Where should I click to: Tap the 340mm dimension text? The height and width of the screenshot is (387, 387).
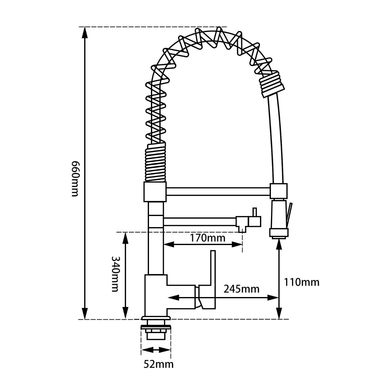coord(115,274)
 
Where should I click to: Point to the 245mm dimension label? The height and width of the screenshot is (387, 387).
coord(242,289)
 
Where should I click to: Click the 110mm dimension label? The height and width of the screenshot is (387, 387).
coord(302,282)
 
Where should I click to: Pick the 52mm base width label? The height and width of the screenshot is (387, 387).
coord(158,364)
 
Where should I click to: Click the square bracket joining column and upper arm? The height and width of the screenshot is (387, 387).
coord(155,192)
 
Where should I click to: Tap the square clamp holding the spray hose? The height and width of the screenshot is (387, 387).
coord(279,191)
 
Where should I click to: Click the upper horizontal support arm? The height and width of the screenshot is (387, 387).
coord(218,191)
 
